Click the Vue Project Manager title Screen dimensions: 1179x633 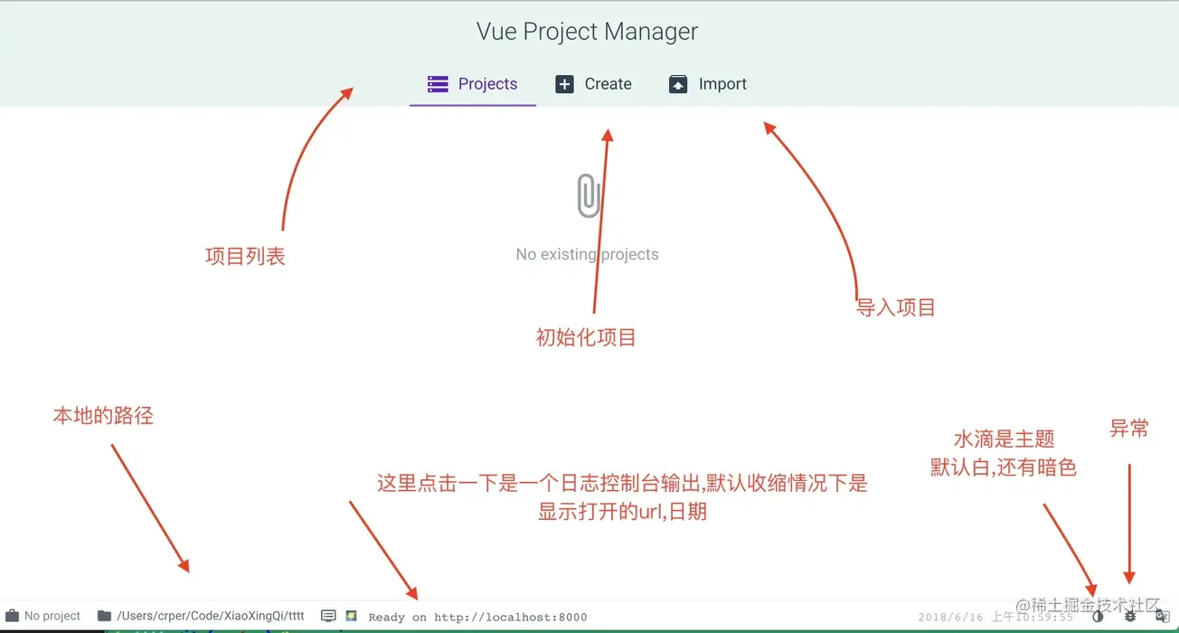pyautogui.click(x=588, y=32)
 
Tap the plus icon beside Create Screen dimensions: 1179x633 pyautogui.click(x=564, y=84)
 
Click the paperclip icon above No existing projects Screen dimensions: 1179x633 pyautogui.click(x=589, y=195)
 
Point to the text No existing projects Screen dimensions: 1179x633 pyautogui.click(x=587, y=254)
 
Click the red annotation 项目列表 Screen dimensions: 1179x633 pyautogui.click(x=245, y=256)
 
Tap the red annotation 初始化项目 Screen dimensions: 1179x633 pyautogui.click(x=586, y=337)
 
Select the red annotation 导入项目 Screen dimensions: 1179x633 pyautogui.click(x=895, y=307)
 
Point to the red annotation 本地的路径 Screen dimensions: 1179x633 pyautogui.click(x=103, y=416)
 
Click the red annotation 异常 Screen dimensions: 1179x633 pyautogui.click(x=1128, y=429)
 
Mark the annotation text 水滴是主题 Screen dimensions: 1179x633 pyautogui.click(x=1004, y=439)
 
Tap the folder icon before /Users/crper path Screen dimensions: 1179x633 pyautogui.click(x=104, y=616)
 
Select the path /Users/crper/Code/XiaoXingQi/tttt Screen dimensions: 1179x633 pyautogui.click(x=211, y=616)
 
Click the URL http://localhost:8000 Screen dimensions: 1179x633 pyautogui.click(x=510, y=617)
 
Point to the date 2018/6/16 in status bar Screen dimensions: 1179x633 pyautogui.click(x=950, y=617)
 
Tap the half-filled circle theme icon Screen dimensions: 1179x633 pyautogui.click(x=1098, y=616)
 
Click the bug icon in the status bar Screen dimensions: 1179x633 pyautogui.click(x=1129, y=616)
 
